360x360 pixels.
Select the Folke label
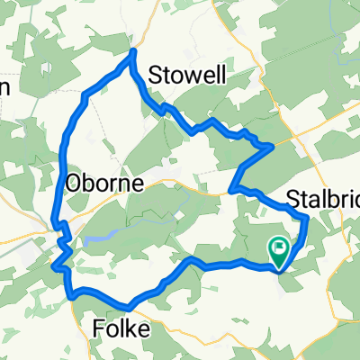(121, 329)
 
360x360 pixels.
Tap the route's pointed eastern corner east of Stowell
(273, 146)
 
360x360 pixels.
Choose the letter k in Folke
(131, 329)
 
